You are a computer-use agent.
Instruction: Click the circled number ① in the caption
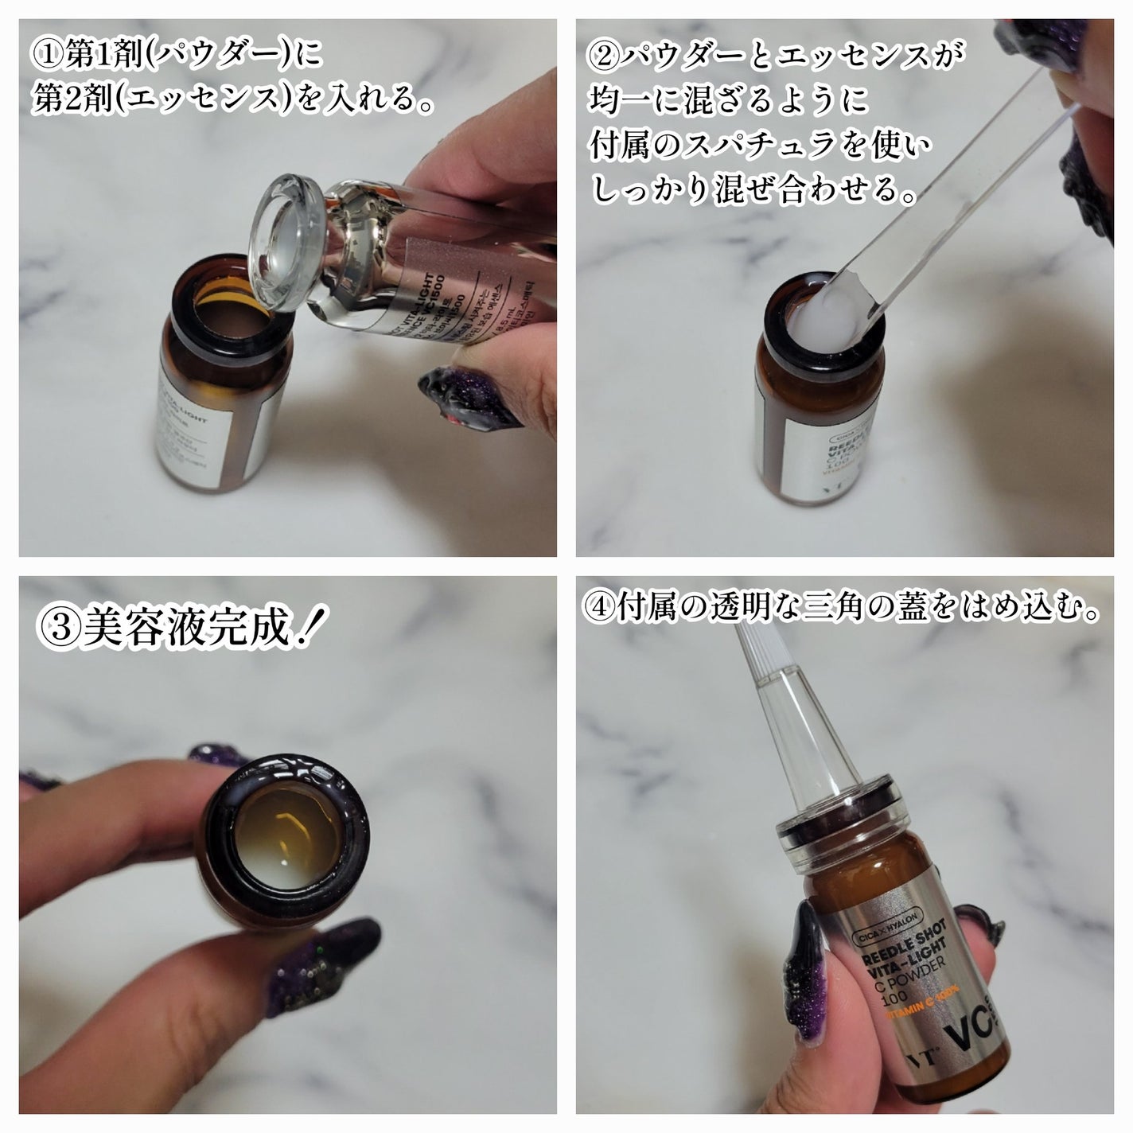click(x=46, y=57)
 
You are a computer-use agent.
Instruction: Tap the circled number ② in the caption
click(x=604, y=57)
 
